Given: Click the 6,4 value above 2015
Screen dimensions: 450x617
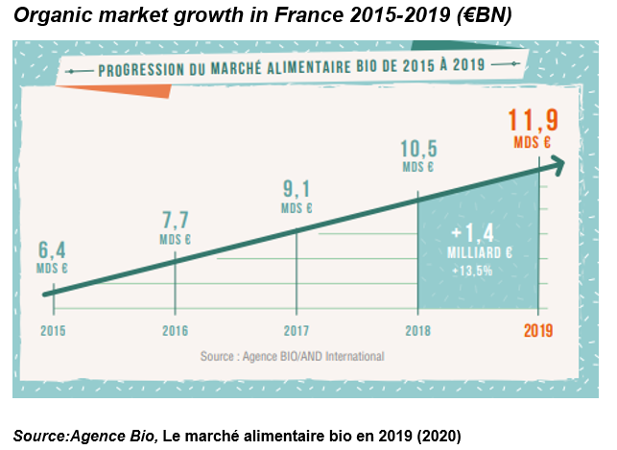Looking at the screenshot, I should (52, 251).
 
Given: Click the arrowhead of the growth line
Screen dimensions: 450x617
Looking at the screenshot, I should (553, 165).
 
